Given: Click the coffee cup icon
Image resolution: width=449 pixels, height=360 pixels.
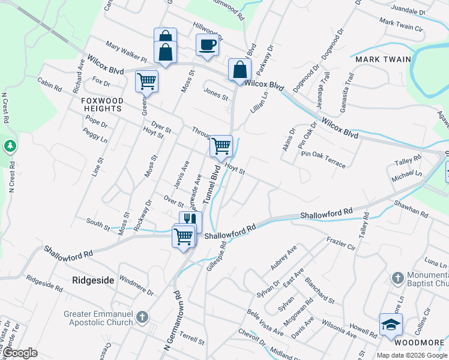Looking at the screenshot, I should point(207,45).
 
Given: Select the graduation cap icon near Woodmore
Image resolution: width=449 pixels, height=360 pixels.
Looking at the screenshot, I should point(391,325).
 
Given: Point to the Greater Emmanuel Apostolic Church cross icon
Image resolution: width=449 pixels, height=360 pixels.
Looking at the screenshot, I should point(142,316).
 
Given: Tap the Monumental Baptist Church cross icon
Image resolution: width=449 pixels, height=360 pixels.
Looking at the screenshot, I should point(397,278).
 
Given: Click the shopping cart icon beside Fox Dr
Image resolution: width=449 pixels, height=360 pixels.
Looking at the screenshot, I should point(146,81).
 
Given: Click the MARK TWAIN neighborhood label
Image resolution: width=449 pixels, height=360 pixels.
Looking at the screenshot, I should point(383,59).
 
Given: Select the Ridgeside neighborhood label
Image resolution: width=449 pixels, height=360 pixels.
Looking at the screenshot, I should point(93,280).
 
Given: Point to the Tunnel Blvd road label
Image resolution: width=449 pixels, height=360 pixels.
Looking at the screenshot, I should point(210,185).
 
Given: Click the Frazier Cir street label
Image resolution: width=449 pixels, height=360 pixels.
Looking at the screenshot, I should point(342,244).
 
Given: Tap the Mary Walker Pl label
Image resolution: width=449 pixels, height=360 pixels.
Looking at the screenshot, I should point(126,52).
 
